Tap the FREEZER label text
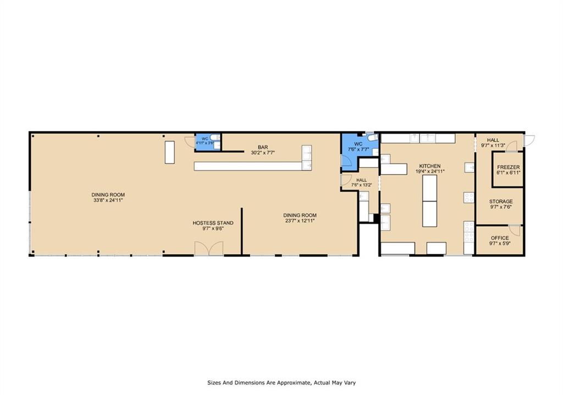tap(509, 167)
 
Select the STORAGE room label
tap(501, 202)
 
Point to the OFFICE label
tap(500, 238)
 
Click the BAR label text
tap(263, 147)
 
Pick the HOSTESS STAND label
tap(213, 223)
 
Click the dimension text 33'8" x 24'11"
tap(108, 200)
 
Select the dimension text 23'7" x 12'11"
tap(300, 221)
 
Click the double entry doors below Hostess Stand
tap(209, 249)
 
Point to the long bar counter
tap(247, 166)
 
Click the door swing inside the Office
tap(515, 230)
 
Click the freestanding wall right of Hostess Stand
tap(242, 231)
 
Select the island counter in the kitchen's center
tap(429, 200)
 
